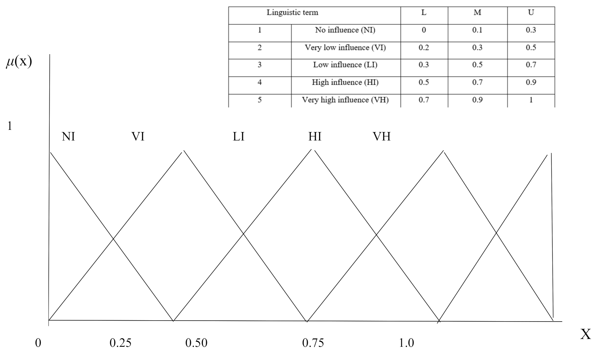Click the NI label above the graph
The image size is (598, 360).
coord(68,136)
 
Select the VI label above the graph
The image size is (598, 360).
coord(138,136)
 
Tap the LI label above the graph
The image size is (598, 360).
coord(239,136)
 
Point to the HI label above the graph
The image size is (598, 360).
coord(315,136)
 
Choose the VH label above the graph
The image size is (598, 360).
coord(382,136)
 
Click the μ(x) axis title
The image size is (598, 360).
coord(19,62)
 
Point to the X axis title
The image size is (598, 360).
coord(585,334)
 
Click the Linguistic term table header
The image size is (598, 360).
coord(292,13)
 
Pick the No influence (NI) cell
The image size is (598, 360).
coord(345,30)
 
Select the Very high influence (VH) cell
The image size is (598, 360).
coord(345,100)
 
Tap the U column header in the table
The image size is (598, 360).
coord(531,13)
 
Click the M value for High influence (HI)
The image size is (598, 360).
coord(477,82)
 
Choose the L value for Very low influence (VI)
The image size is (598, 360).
coord(424,48)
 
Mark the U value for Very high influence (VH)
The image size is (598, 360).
coord(531,100)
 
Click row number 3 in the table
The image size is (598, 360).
coord(260,65)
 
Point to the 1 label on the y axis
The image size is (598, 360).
coord(10,126)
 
